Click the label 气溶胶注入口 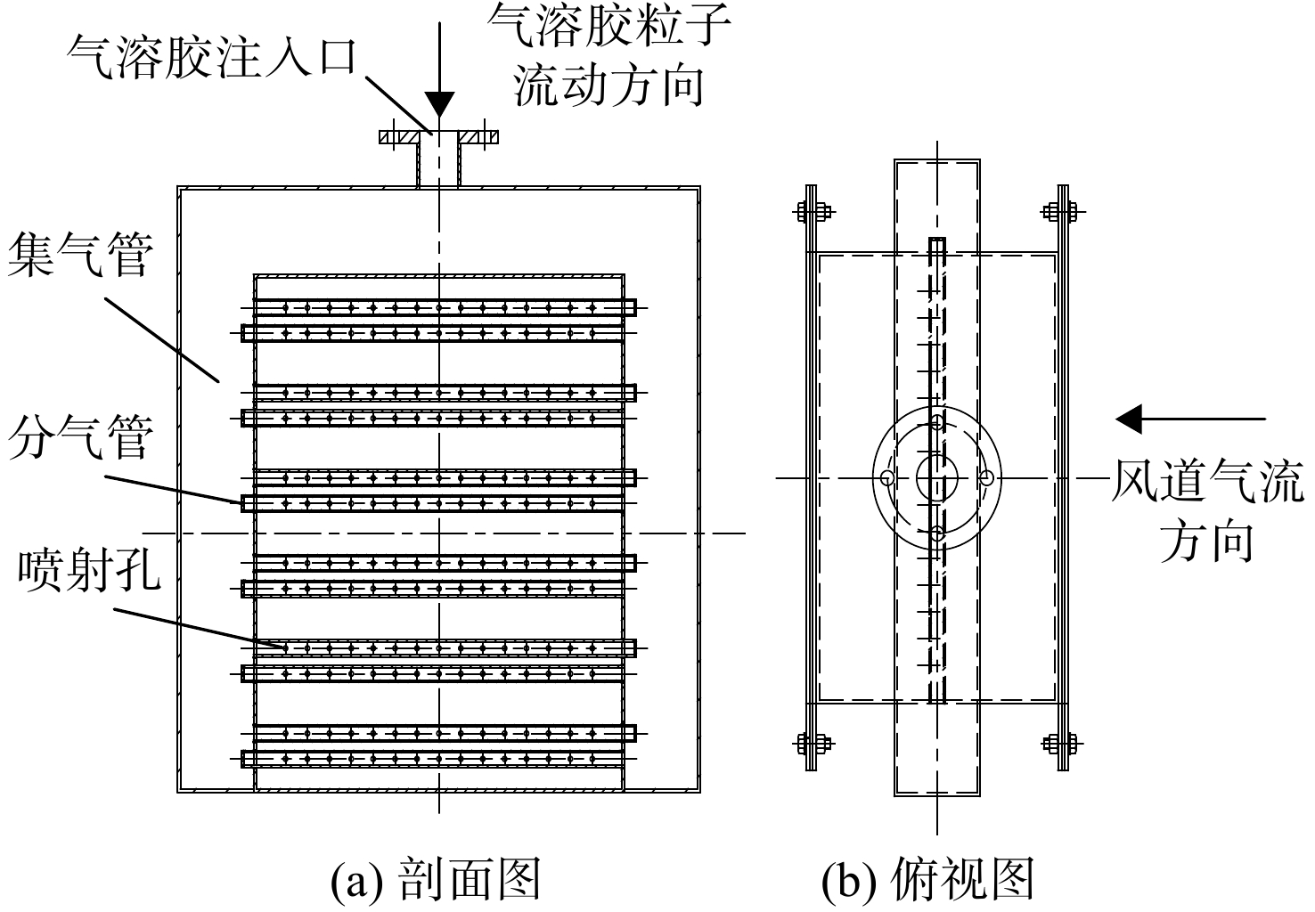(212, 58)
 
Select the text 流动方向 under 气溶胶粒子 (608, 85)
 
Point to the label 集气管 (80, 254)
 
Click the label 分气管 (80, 437)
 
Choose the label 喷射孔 (89, 570)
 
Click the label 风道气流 (1207, 481)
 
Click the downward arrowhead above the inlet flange (439, 105)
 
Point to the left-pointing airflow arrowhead (1128, 419)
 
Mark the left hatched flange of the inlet (399, 137)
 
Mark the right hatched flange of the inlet (478, 137)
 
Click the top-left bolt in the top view (813, 212)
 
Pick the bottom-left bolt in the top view (813, 745)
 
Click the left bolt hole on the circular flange (887, 478)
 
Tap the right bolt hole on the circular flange (987, 478)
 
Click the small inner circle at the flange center (937, 458)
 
